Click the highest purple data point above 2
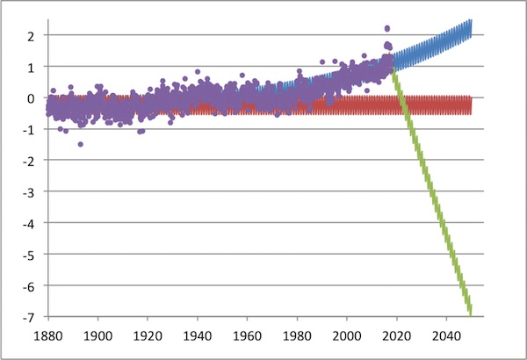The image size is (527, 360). tap(387, 28)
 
